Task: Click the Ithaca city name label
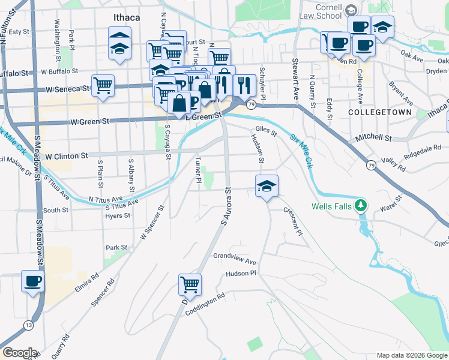[126, 17]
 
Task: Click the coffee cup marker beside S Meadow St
[32, 281]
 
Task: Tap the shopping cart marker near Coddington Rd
[190, 285]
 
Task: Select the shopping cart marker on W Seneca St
[103, 86]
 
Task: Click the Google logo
[20, 353]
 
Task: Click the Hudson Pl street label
[241, 274]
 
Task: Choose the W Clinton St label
[66, 156]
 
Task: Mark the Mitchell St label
[373, 138]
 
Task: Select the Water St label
[390, 206]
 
